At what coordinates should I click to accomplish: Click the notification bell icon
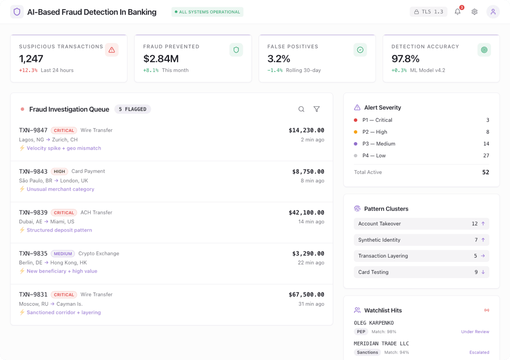click(x=457, y=12)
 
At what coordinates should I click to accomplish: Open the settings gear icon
click(x=474, y=12)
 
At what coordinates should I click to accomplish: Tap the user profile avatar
click(x=493, y=12)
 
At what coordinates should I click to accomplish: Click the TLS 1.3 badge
click(x=428, y=12)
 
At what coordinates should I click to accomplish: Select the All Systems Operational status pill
click(x=207, y=12)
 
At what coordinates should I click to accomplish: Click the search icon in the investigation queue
click(x=301, y=109)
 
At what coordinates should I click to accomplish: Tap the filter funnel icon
click(x=317, y=109)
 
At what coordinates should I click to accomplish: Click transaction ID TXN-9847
click(x=33, y=130)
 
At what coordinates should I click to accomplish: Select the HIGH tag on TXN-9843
click(x=59, y=172)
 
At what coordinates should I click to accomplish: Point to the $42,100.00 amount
click(x=306, y=213)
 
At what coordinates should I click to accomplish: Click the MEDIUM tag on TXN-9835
click(x=63, y=254)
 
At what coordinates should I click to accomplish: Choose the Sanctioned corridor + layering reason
click(x=64, y=313)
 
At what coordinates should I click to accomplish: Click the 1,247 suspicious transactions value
click(x=31, y=59)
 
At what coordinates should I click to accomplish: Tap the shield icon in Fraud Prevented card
click(x=236, y=50)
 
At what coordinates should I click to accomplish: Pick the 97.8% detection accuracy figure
click(x=405, y=59)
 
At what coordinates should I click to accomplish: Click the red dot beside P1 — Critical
click(x=356, y=120)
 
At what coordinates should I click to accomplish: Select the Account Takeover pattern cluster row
click(x=421, y=224)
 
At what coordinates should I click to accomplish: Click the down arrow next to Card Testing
click(x=483, y=272)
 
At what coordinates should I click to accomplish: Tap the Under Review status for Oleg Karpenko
click(x=475, y=332)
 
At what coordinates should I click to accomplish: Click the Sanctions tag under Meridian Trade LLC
click(x=367, y=352)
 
